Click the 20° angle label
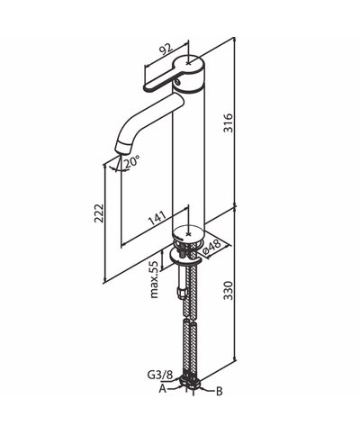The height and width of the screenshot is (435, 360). coord(131,162)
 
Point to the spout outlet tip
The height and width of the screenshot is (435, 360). coord(117,150)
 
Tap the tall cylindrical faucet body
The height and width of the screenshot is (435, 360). coord(192,153)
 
